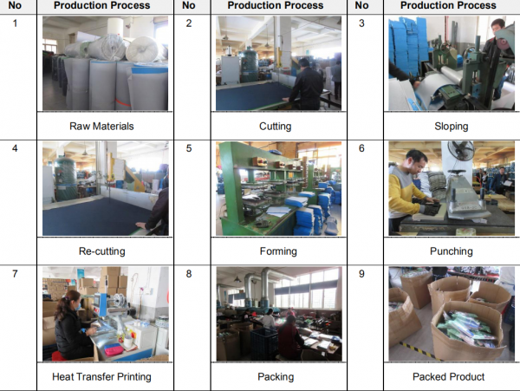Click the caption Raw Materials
click(101, 126)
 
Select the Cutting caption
click(275, 126)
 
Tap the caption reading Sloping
click(451, 126)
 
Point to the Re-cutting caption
click(101, 251)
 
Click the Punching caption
click(451, 251)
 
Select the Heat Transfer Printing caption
click(101, 376)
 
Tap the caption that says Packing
click(276, 376)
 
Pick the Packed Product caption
click(451, 376)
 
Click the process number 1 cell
click(15, 22)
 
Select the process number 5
click(189, 147)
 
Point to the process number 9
click(362, 272)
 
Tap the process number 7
click(15, 272)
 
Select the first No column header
click(15, 5)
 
